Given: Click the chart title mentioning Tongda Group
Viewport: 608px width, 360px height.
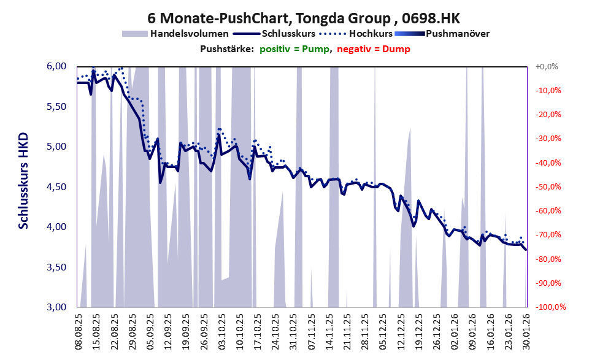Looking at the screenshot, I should point(304,18).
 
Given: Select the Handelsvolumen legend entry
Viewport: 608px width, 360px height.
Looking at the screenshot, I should point(190,34).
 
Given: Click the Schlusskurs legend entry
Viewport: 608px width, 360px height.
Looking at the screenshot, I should point(293,34).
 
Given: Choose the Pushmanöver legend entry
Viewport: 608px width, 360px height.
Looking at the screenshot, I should point(457,34).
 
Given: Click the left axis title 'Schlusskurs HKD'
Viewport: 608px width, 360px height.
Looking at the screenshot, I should point(23,181).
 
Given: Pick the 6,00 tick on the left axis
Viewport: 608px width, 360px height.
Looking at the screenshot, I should point(56,66).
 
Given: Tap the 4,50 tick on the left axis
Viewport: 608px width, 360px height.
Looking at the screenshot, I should point(56,187).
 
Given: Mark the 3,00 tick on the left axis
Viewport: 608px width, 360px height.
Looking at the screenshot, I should point(56,307).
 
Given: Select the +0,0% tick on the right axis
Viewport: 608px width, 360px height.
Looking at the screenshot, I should point(547,66).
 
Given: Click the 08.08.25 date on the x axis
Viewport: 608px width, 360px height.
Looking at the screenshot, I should point(78,331).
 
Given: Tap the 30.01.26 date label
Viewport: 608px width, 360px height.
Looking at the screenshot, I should point(526,331).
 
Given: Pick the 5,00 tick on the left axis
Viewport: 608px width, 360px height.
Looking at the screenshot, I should point(56,147).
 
